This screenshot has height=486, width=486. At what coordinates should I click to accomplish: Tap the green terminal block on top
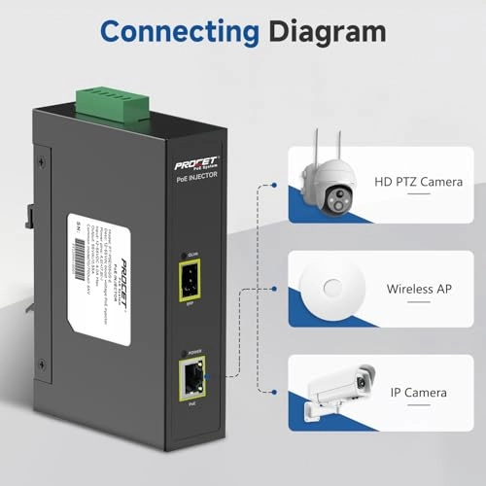pyautogui.click(x=112, y=97)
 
